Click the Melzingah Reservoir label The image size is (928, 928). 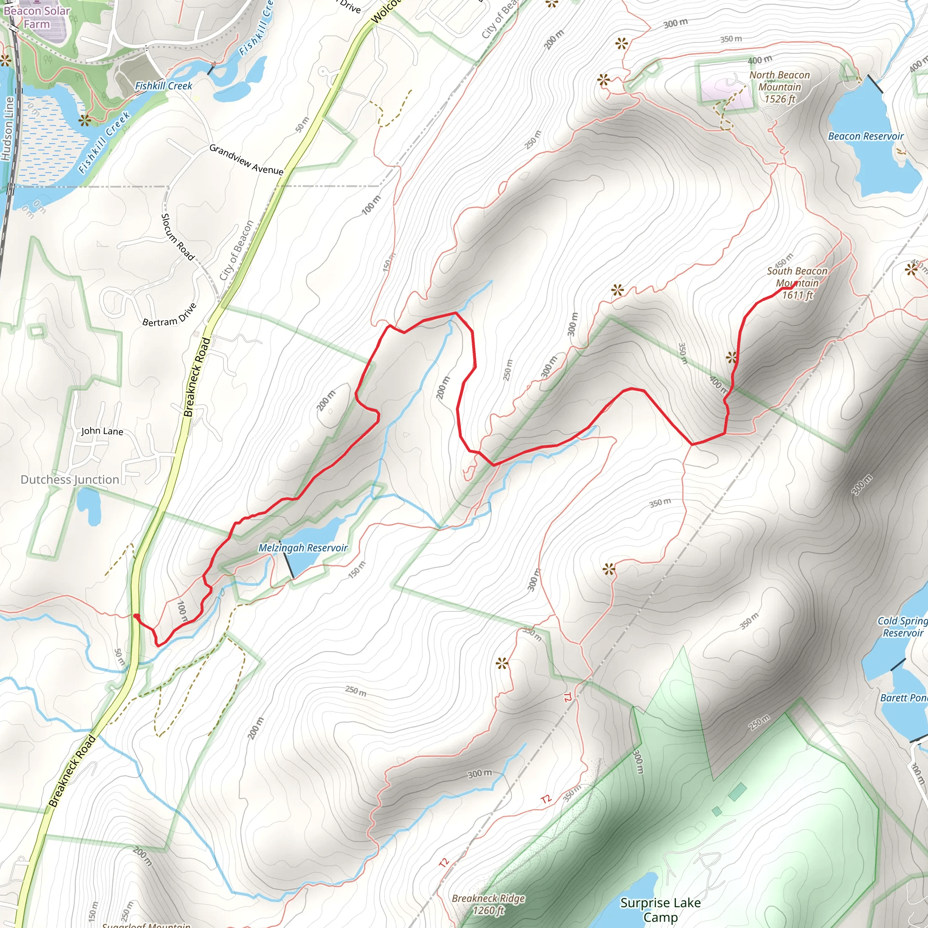pyautogui.click(x=303, y=548)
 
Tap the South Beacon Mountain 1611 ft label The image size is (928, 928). pyautogui.click(x=797, y=283)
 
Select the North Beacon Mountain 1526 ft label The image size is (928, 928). pyautogui.click(x=779, y=87)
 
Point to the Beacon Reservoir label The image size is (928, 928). pyautogui.click(x=865, y=136)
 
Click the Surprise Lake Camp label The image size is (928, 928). pyautogui.click(x=661, y=910)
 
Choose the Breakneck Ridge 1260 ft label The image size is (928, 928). pyautogui.click(x=488, y=904)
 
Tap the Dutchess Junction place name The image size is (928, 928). pyautogui.click(x=70, y=479)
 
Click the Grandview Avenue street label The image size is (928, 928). pyautogui.click(x=246, y=159)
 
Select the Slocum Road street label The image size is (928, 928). pyautogui.click(x=177, y=237)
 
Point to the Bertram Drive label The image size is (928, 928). pyautogui.click(x=169, y=314)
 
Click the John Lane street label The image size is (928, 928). pyautogui.click(x=102, y=431)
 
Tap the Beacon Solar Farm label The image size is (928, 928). pyautogui.click(x=37, y=17)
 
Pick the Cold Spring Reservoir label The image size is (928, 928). pyautogui.click(x=902, y=627)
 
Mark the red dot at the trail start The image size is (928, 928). pyautogui.click(x=136, y=616)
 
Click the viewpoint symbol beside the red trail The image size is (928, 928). pyautogui.click(x=731, y=358)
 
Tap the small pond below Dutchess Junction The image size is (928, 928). pyautogui.click(x=88, y=504)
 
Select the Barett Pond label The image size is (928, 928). pyautogui.click(x=904, y=698)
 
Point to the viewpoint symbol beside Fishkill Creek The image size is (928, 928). pyautogui.click(x=85, y=120)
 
